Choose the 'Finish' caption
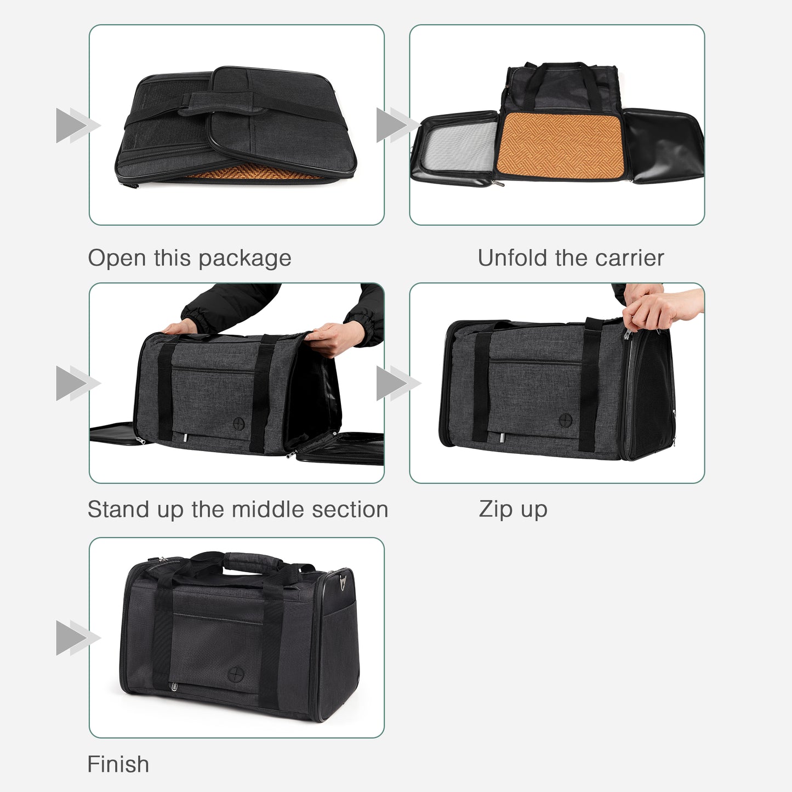[x=118, y=765]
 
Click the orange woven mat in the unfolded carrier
[x=559, y=145]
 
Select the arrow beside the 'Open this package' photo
[x=77, y=126]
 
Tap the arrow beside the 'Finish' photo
[x=77, y=638]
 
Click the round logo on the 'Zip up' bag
[x=566, y=420]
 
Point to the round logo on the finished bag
[x=235, y=673]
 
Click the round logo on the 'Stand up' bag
[x=239, y=423]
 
